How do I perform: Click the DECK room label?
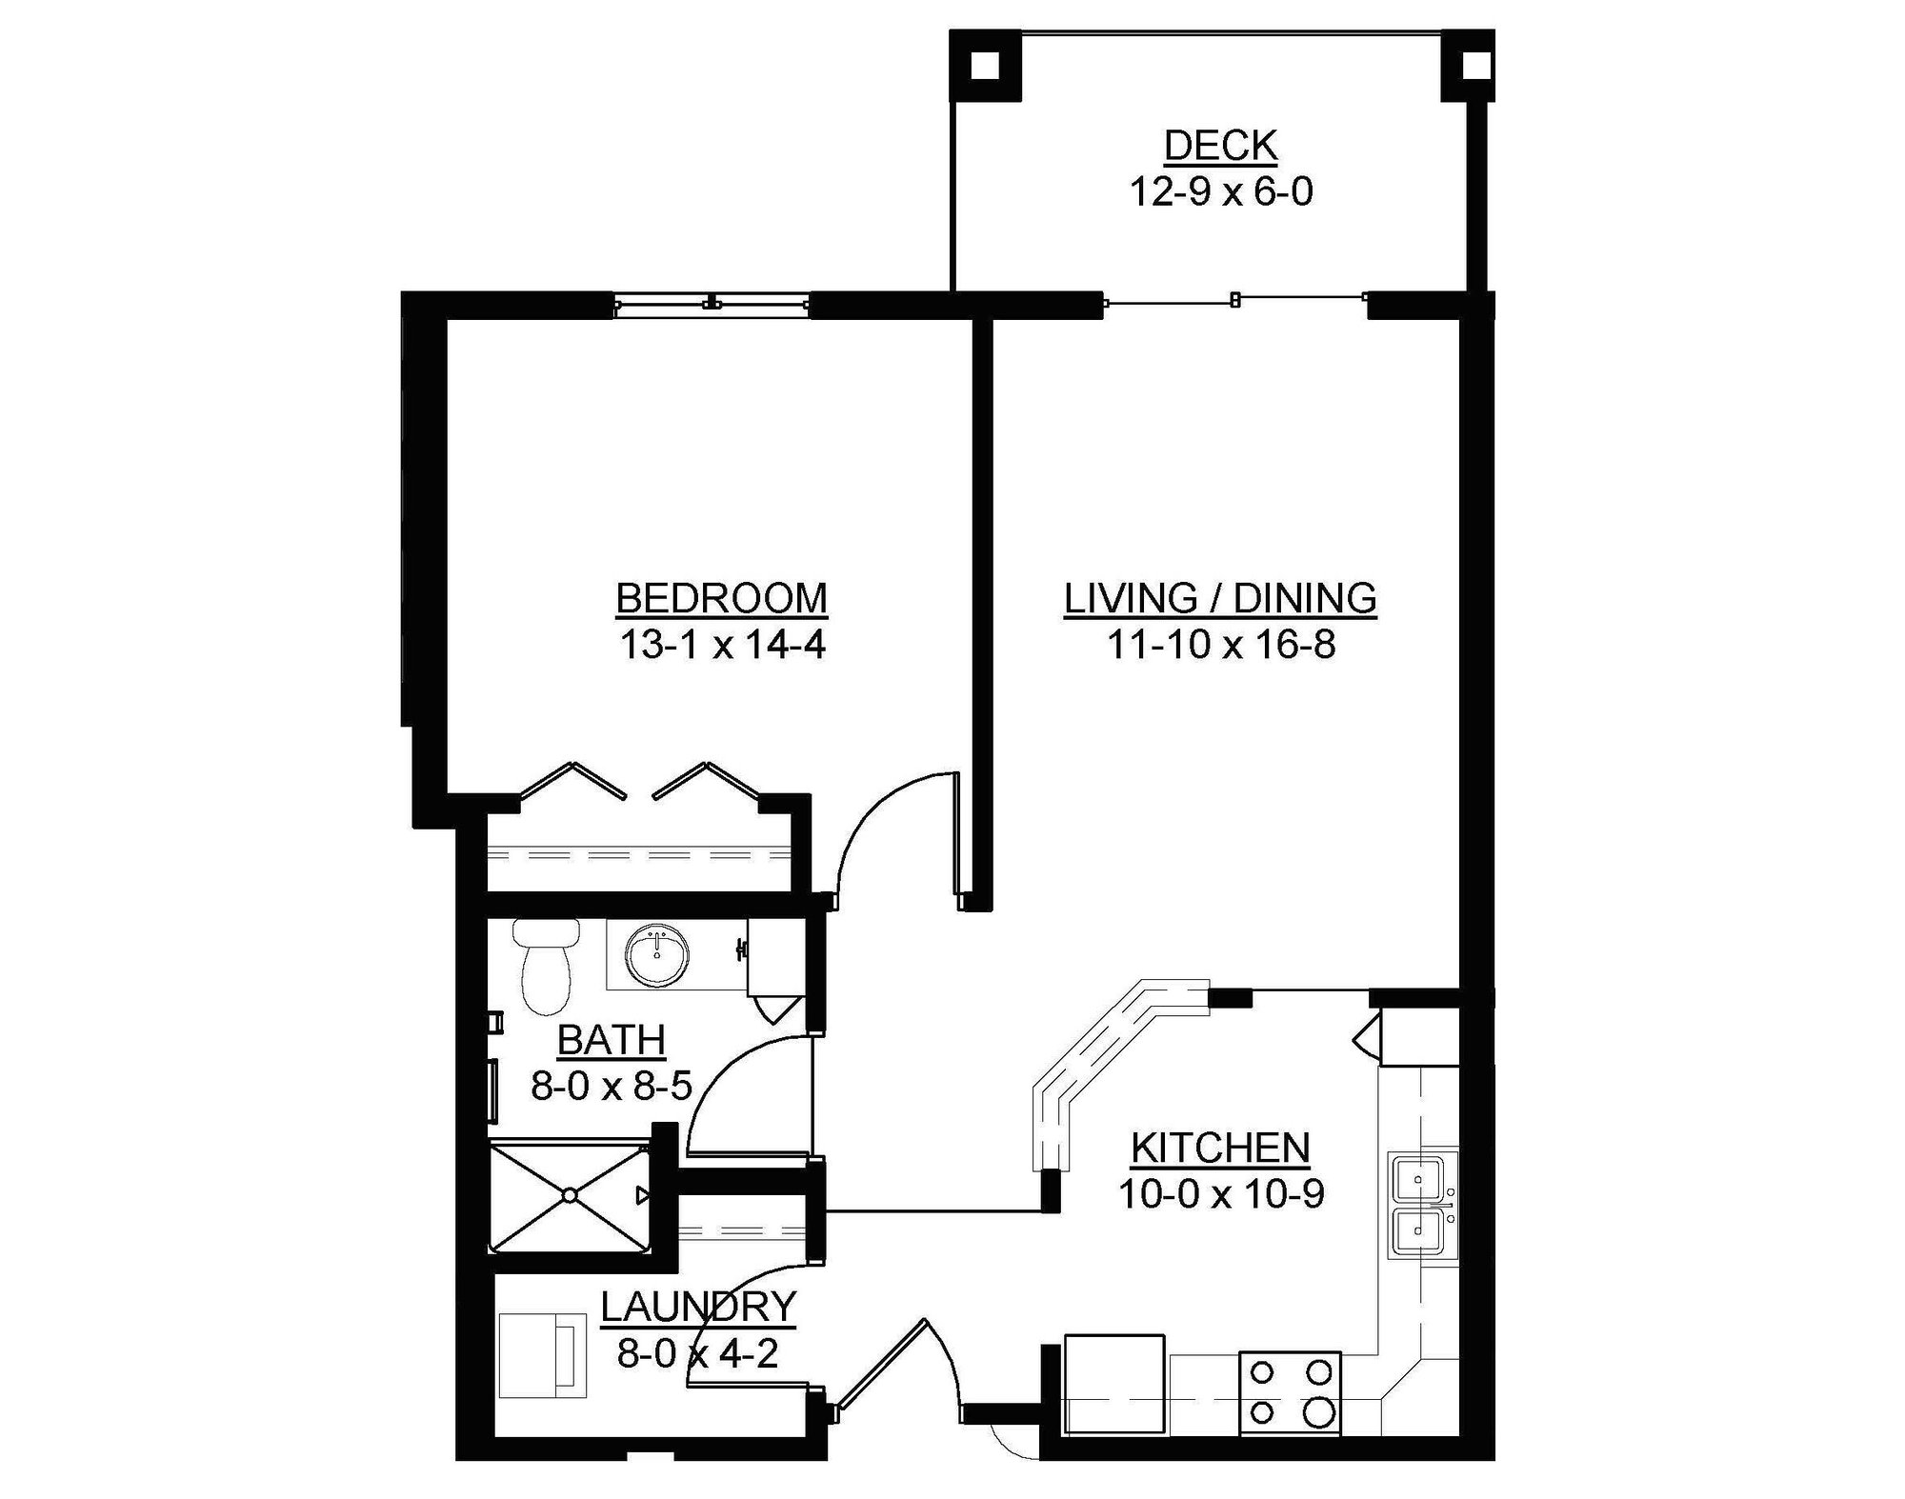point(1220,146)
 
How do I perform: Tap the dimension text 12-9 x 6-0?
point(1220,192)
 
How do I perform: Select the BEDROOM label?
point(721,599)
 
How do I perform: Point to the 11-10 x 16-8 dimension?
point(1220,646)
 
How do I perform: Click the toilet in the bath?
point(545,967)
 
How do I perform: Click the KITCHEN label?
point(1220,1148)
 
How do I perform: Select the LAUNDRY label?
point(698,1307)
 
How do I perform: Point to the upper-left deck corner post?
point(984,66)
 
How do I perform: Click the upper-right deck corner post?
point(1473,66)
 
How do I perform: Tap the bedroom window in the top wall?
point(712,304)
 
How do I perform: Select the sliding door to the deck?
point(1234,301)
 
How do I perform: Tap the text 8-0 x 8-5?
point(611,1086)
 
